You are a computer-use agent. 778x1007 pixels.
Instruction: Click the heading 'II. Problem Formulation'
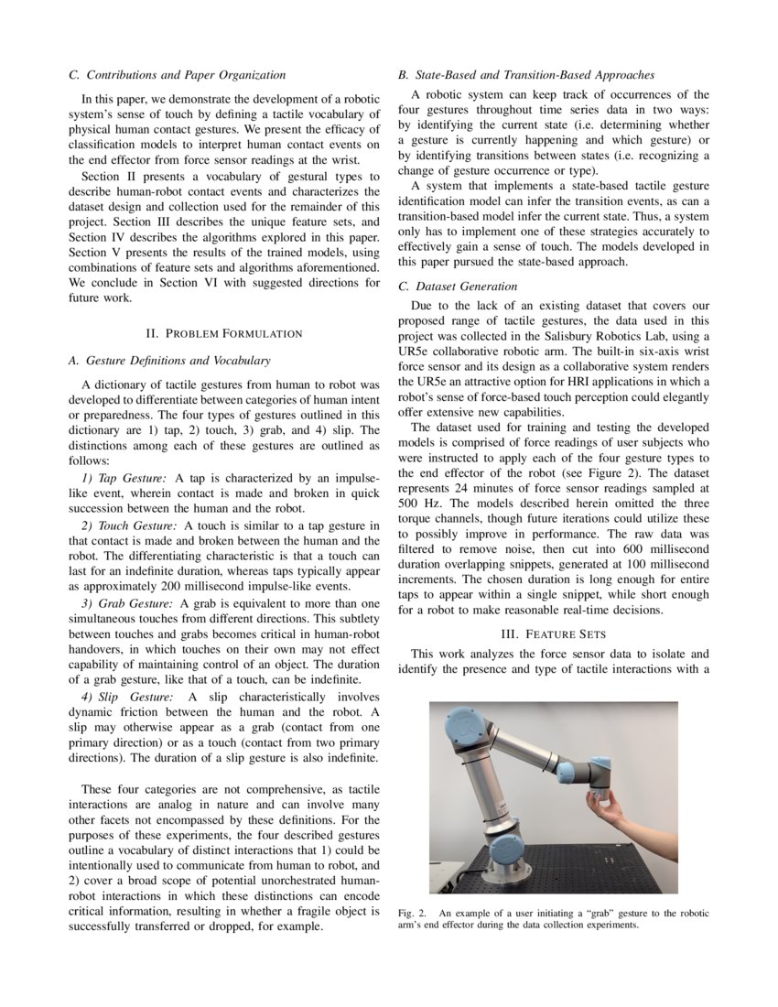point(225,332)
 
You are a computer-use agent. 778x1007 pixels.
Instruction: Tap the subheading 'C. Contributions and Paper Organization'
point(178,75)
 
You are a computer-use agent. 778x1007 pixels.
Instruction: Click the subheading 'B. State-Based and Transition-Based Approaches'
point(525,75)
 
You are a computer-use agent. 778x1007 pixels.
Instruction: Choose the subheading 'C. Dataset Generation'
point(458,287)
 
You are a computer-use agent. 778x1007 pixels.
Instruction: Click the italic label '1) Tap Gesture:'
point(124,478)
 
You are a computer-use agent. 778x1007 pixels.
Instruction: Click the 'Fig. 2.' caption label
point(413,913)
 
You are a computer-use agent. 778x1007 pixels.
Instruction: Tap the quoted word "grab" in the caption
point(575,913)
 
